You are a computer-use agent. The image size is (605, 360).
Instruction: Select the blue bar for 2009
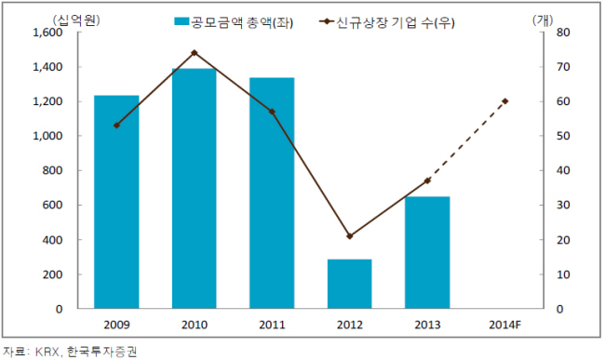116,202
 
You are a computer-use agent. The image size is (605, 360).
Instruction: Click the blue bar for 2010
195,189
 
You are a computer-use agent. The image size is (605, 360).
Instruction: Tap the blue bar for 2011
272,193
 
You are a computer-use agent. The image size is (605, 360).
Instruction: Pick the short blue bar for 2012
350,284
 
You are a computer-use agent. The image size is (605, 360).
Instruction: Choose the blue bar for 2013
427,252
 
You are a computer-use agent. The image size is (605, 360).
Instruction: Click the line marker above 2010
195,53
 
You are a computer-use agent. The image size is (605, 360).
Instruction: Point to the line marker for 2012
350,236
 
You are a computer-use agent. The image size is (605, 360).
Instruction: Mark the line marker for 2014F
505,101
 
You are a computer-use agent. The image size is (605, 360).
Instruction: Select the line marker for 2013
427,180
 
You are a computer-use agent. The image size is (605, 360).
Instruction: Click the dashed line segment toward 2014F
466,141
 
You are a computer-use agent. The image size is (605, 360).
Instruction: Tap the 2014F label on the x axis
505,325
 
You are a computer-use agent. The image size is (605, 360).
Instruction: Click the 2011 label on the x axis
272,325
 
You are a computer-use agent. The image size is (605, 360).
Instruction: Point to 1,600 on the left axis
47,33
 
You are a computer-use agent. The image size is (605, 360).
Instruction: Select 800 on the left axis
52,170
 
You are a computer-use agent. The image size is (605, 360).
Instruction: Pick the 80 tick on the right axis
563,33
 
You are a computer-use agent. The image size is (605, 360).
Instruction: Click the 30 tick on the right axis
563,205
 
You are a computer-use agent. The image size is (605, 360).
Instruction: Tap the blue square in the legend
181,21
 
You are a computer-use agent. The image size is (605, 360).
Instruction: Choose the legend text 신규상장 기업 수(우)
396,22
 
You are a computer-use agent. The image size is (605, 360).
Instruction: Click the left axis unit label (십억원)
76,20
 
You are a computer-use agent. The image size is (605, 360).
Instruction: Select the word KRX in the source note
47,352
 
